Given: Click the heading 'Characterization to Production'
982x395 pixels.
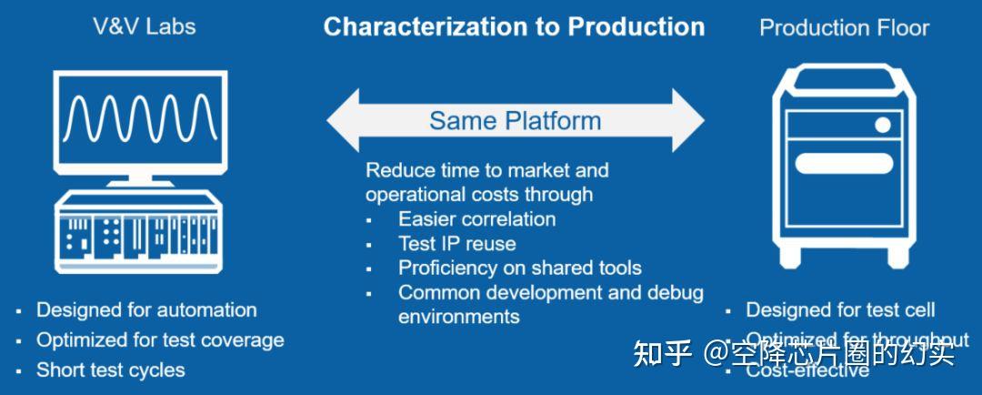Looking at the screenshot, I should coord(514,26).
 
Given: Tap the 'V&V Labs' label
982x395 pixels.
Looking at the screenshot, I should coord(145,26).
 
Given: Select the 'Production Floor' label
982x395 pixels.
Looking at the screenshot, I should coord(844,27).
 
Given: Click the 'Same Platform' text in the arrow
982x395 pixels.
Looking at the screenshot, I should coord(515,120).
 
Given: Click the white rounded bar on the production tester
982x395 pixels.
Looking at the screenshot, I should coord(845,165).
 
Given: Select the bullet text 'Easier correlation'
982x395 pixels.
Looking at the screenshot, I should coord(476,218).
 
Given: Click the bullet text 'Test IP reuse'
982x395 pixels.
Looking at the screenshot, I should coord(456,243).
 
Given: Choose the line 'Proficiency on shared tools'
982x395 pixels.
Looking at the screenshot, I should coord(519,268).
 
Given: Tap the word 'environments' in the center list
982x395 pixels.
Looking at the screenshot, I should coord(458,317).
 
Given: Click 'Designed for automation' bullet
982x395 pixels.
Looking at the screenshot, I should coord(146,310).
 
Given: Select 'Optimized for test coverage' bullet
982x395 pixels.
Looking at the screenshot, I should coord(160,340).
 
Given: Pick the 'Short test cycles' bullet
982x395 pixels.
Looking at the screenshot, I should coord(110,370).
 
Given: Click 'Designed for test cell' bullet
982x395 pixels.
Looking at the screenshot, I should coord(840,310).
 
